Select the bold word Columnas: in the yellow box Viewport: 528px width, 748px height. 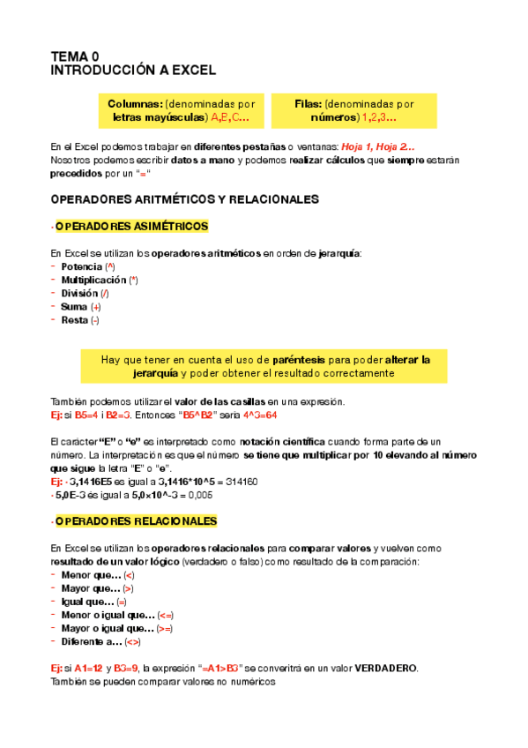coord(135,103)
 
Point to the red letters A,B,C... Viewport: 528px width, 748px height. coord(229,117)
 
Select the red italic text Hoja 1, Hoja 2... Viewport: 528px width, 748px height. coord(378,146)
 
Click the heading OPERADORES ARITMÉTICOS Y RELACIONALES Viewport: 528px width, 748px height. coord(185,199)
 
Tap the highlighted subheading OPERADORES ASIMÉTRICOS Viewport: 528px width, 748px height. coord(131,227)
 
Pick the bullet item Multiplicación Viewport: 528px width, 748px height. coord(93,280)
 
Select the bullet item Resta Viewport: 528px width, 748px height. coord(74,320)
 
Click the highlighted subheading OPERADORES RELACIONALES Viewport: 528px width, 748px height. coord(135,521)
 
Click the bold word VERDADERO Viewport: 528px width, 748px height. coord(385,668)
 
